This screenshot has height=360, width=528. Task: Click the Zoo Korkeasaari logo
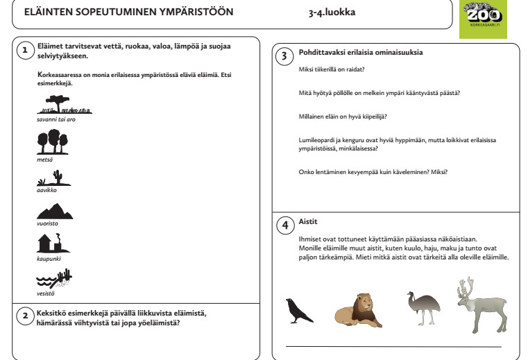pyautogui.click(x=483, y=19)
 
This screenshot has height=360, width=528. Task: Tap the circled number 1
pyautogui.click(x=25, y=50)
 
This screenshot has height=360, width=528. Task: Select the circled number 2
pyautogui.click(x=25, y=316)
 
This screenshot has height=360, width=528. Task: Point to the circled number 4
pyautogui.click(x=284, y=225)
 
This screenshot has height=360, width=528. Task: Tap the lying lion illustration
pyautogui.click(x=358, y=310)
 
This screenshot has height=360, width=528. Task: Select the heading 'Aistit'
pyautogui.click(x=308, y=222)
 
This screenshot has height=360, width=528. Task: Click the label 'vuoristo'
pyautogui.click(x=48, y=225)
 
